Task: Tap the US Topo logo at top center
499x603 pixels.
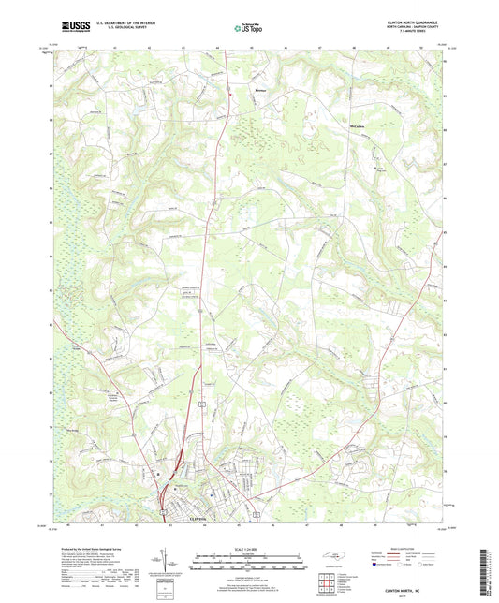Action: [x=247, y=28]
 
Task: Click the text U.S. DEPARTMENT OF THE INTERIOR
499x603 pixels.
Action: [x=116, y=23]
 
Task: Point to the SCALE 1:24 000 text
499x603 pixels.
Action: [x=247, y=548]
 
